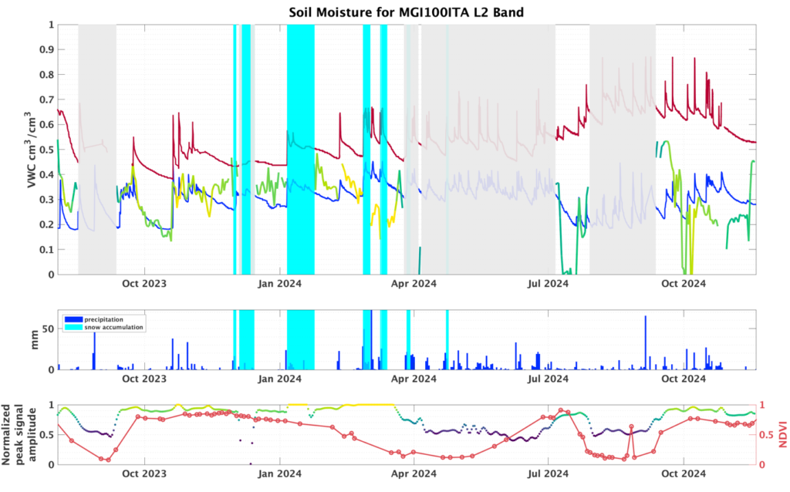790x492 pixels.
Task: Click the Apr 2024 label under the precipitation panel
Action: (414, 379)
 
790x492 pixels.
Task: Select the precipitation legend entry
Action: (104, 318)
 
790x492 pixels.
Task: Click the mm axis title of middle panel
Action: (33, 340)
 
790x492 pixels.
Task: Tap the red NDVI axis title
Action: (781, 434)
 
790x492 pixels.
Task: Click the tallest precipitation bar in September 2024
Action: (645, 342)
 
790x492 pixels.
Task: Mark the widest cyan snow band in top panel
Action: (301, 150)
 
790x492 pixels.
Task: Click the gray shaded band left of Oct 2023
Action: (97, 150)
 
